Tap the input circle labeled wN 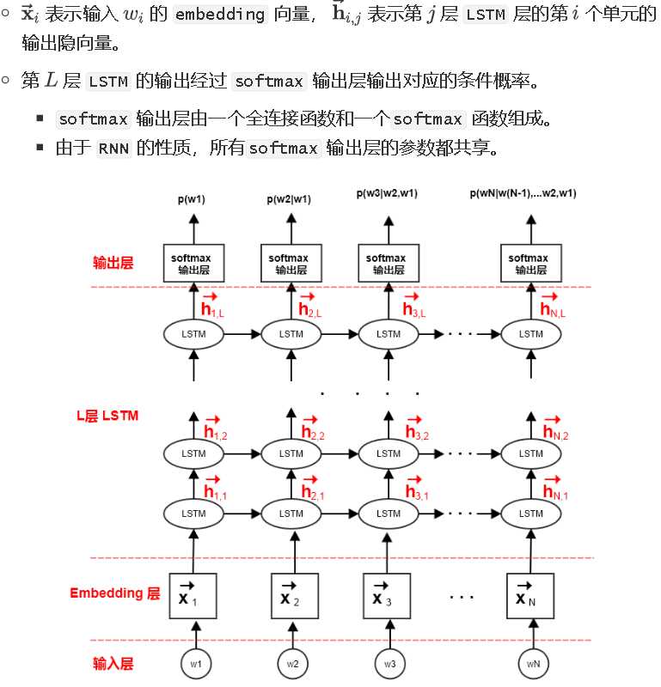coord(532,663)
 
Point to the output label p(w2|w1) coord(289,199)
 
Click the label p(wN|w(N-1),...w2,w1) coord(523,193)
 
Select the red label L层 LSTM coord(107,416)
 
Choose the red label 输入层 coord(113,664)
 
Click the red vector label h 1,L coord(211,307)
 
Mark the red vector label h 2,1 coord(311,489)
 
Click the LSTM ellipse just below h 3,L coord(388,334)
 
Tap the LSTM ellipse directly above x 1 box coord(194,514)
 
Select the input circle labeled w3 coord(389,663)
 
